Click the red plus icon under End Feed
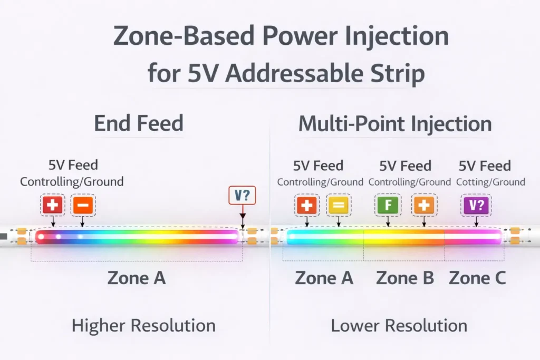click(53, 205)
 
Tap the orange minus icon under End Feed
click(83, 205)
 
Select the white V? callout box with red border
click(242, 196)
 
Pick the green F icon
click(388, 205)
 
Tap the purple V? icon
click(476, 205)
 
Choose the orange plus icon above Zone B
click(423, 205)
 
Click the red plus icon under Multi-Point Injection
click(307, 205)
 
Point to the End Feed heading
click(138, 123)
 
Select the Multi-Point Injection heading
click(394, 124)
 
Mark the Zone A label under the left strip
click(137, 277)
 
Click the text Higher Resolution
click(143, 325)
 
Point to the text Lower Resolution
click(399, 325)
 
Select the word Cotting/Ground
click(490, 182)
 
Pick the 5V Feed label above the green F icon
click(405, 166)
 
